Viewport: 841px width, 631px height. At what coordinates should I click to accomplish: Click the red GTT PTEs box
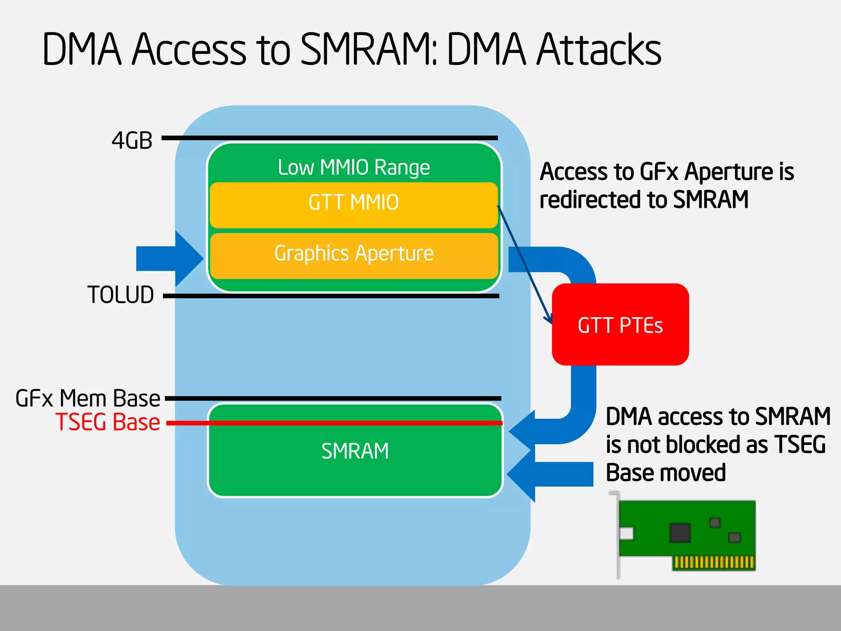[x=620, y=325]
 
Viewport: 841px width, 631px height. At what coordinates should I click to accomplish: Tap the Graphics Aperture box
[x=354, y=255]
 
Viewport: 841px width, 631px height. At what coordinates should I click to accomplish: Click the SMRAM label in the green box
[x=355, y=451]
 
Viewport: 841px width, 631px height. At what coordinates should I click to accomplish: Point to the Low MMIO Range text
[x=354, y=167]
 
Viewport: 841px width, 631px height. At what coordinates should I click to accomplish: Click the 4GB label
[x=132, y=140]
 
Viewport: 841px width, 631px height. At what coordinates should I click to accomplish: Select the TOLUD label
[x=121, y=295]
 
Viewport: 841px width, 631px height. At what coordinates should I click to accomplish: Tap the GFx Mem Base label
[x=87, y=398]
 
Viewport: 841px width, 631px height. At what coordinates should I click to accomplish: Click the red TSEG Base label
[x=108, y=422]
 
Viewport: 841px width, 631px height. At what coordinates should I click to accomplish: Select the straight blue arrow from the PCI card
[x=550, y=474]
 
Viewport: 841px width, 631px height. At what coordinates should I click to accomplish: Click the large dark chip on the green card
[x=680, y=532]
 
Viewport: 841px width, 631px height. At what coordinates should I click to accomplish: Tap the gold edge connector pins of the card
[x=714, y=562]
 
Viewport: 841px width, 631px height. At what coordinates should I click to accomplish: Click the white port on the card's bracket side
[x=626, y=534]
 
